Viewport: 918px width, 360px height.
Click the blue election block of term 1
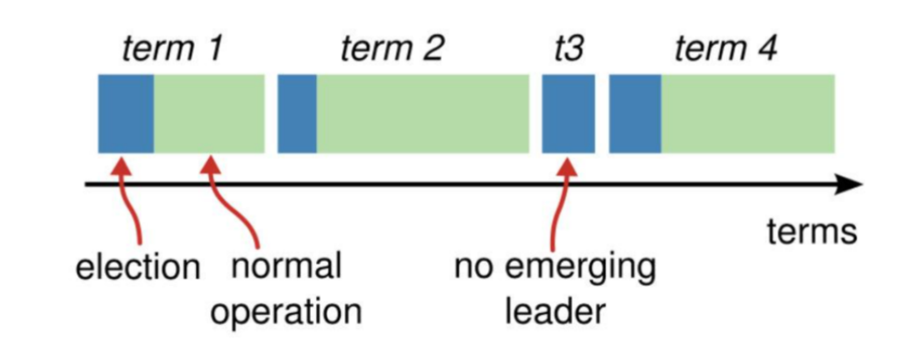tap(126, 113)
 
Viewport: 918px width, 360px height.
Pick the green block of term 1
tap(209, 113)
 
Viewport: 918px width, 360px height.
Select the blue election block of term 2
tap(297, 113)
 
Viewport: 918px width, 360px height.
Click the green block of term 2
tap(423, 113)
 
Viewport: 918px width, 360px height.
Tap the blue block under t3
tap(569, 113)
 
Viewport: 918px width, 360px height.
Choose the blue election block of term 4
tap(635, 113)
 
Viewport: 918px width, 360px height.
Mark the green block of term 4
tap(748, 113)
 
